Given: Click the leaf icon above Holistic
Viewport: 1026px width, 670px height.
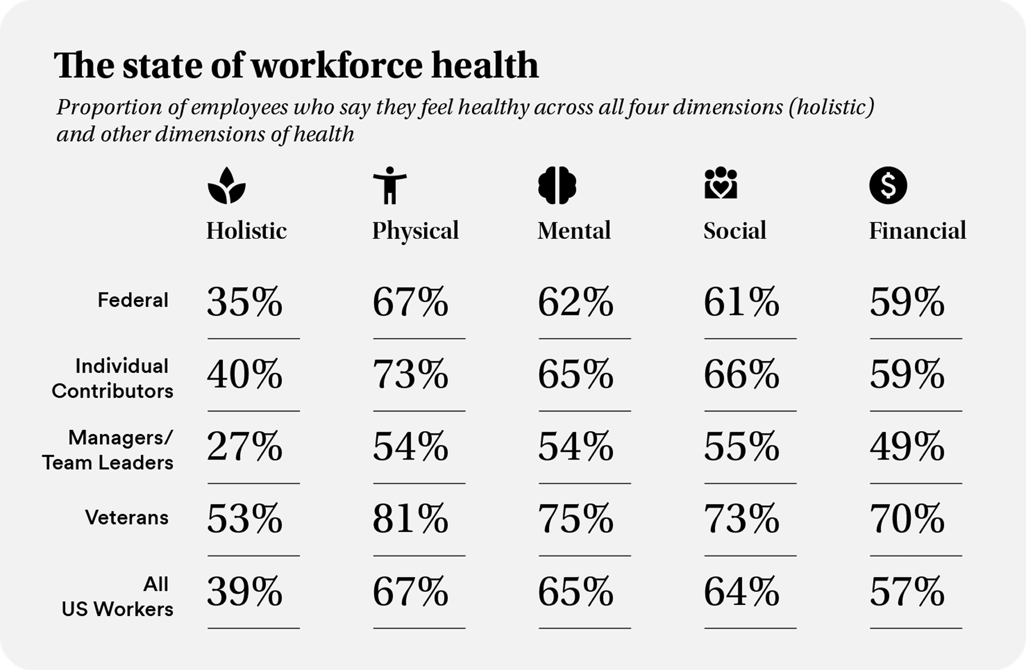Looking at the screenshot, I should pos(226,186).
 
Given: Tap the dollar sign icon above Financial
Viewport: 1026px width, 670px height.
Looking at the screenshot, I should pos(887,186).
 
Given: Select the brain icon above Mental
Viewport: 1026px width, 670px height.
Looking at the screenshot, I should pos(557,186).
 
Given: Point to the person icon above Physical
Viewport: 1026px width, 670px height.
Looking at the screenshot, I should pos(390,186).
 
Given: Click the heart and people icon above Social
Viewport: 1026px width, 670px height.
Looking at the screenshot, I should pos(720,184).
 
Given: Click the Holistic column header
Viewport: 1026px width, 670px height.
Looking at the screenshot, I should pos(246,231).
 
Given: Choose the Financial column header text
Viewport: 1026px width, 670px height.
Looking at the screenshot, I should pos(917,231).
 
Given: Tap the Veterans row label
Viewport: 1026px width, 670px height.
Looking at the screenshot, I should pos(127,518).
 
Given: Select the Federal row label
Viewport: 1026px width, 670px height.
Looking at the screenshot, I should pos(133,300).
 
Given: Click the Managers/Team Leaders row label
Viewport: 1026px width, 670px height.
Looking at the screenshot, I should pos(108,450).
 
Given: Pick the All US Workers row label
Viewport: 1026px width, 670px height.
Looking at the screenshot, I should pos(117,596).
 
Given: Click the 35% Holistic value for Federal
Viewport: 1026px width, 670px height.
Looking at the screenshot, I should pos(245,302).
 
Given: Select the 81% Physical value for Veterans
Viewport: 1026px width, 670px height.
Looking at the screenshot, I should pos(410,519).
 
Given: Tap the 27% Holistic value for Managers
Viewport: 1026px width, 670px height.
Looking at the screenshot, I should pos(245,447).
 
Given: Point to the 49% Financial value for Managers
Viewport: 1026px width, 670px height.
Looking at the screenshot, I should pos(907,447).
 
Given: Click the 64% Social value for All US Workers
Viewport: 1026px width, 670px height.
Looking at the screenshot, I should pos(741,592).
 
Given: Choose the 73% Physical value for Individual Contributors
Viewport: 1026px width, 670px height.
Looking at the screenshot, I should pos(410,375).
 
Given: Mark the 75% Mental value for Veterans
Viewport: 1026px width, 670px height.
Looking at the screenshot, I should pos(575,519).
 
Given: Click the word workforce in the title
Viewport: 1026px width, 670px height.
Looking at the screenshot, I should pos(337,65).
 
